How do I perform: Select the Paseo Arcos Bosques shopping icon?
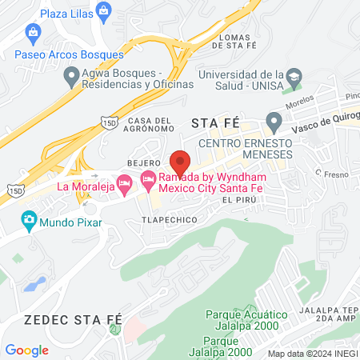tap(33, 33)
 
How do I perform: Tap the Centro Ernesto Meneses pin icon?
tap(274, 123)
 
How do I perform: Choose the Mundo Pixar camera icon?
tap(29, 218)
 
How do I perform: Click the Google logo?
tap(26, 350)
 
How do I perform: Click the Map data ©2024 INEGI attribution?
tap(312, 353)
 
